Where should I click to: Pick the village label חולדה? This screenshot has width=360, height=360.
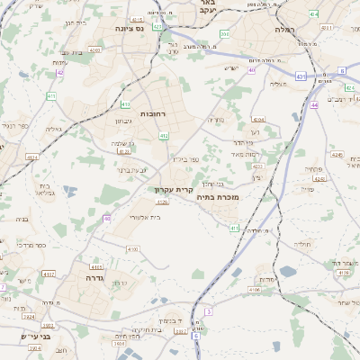coord(303,244)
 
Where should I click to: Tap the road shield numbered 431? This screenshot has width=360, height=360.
coord(300,76)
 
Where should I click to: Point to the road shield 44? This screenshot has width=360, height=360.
coord(314,105)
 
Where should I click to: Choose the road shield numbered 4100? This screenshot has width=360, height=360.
coord(133,249)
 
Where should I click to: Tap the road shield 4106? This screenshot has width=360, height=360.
coord(255,290)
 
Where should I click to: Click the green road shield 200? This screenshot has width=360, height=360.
coord(224,34)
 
